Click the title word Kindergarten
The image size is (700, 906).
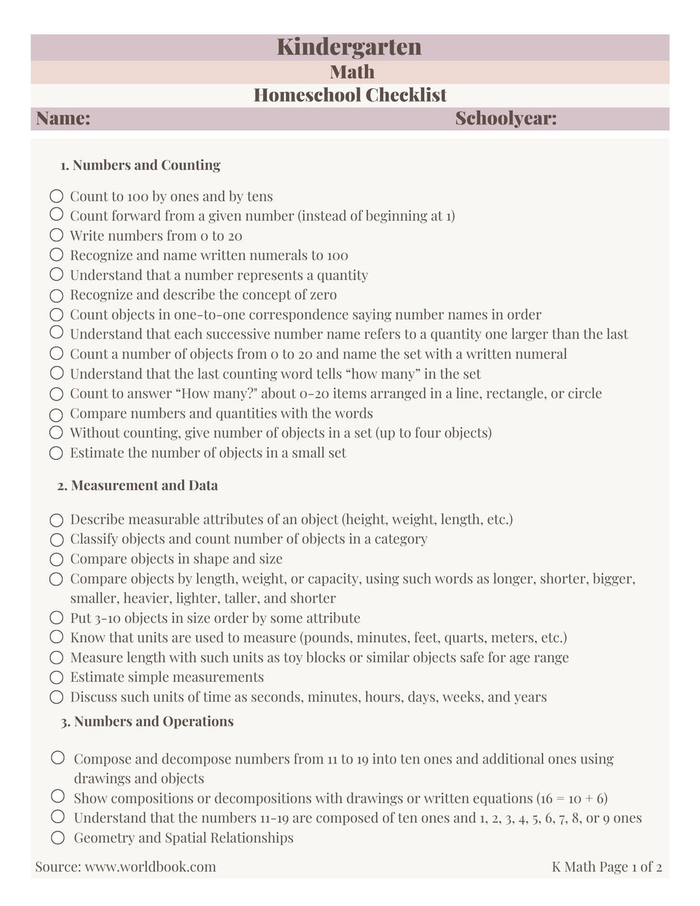(x=349, y=47)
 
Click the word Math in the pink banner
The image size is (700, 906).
(x=352, y=72)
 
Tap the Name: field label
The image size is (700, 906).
(x=63, y=119)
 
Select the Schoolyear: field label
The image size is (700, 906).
(x=506, y=119)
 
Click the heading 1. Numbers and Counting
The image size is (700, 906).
(x=140, y=165)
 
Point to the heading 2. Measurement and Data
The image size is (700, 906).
(x=137, y=485)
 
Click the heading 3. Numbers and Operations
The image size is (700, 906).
(x=147, y=721)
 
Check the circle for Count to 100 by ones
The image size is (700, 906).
(x=56, y=196)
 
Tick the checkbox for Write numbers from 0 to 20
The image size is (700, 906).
(x=56, y=235)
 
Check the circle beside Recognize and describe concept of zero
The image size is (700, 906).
(x=56, y=296)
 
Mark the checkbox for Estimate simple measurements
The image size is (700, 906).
(x=56, y=677)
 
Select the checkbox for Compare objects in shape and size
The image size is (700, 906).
(x=56, y=559)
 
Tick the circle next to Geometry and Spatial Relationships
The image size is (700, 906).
(x=58, y=837)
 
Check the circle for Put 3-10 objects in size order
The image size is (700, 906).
(x=56, y=618)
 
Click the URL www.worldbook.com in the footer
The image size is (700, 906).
(x=150, y=866)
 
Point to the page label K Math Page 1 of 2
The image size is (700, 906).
(x=607, y=866)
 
